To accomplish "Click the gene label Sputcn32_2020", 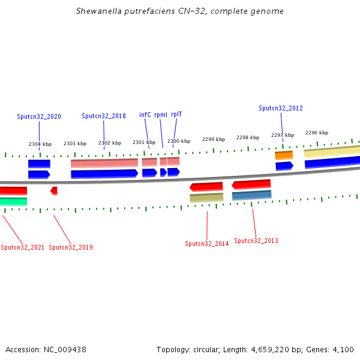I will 39,116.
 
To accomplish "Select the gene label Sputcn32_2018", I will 104,116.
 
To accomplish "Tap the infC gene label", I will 145,115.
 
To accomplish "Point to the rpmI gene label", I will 161,115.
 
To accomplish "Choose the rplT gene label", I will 176,114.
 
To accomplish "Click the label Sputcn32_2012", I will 281,109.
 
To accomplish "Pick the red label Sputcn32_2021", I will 22,247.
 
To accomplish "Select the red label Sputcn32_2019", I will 71,247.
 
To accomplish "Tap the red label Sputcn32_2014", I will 207,244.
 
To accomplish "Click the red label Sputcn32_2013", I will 256,241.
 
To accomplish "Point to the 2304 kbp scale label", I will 40,144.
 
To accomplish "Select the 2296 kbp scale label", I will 317,133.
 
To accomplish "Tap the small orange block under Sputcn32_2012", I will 284,155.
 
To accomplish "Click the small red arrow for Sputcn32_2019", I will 54,191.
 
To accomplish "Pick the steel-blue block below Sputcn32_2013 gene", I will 251,195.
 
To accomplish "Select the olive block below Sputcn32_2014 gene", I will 206,197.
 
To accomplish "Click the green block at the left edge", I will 13,201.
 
